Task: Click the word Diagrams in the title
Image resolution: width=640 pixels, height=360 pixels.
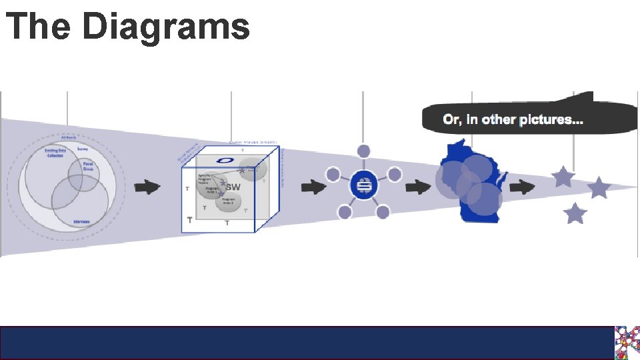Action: tap(166, 27)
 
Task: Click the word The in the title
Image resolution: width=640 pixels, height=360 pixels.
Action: tap(39, 27)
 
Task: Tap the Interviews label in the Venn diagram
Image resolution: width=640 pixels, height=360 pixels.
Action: tap(81, 221)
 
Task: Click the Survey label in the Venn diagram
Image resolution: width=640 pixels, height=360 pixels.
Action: tap(83, 149)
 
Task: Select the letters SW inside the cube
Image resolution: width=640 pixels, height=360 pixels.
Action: tap(233, 188)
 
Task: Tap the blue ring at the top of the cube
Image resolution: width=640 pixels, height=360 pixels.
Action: tap(225, 161)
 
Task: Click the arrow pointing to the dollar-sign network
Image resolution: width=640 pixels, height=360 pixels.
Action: tap(312, 187)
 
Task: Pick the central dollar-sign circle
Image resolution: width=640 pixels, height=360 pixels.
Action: tap(364, 186)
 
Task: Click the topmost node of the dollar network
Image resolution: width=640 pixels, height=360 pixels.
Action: tap(363, 151)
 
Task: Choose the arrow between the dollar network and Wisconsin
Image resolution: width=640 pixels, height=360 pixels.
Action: tap(418, 187)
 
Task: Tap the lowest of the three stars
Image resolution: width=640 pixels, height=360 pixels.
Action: tap(575, 214)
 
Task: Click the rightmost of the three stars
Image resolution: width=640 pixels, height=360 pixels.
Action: tap(599, 188)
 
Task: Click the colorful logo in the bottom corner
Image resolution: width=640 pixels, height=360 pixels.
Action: tap(627, 343)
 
